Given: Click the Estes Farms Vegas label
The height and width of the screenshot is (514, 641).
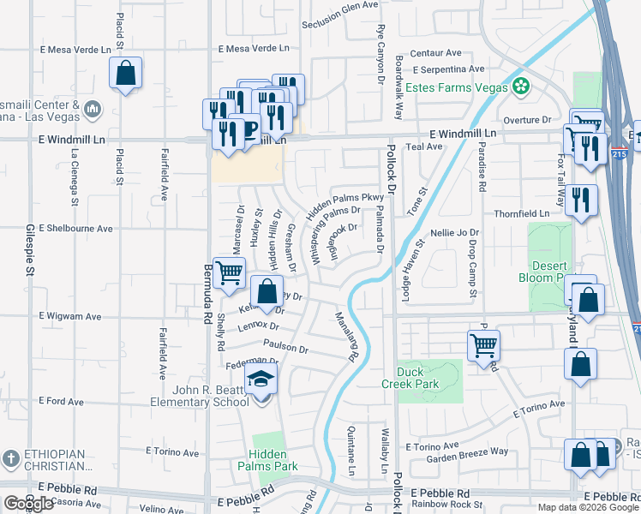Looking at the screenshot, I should click(456, 87).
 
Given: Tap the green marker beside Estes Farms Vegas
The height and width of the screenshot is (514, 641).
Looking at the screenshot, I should click(521, 86).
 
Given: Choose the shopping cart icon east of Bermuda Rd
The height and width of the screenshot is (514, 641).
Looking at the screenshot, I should click(229, 273).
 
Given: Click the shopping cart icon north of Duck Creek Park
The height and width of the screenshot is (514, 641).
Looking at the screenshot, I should click(484, 345).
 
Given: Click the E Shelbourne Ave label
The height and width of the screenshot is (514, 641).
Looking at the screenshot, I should click(75, 229).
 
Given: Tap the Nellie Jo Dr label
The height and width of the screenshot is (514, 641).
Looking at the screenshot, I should click(454, 232).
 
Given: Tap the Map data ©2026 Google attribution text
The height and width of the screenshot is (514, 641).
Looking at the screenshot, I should click(587, 507).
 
